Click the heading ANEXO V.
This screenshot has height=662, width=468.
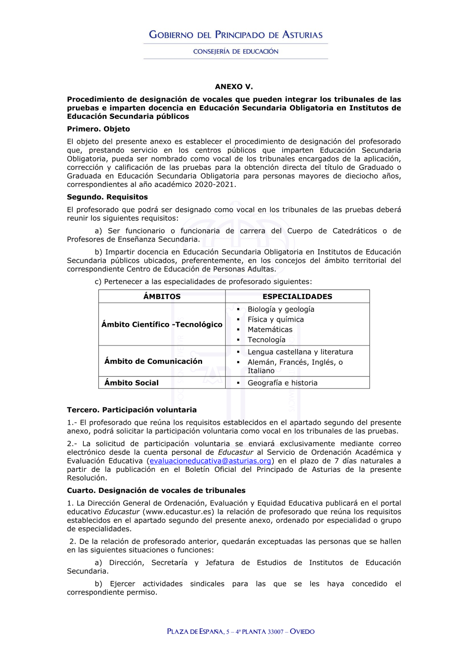point(234,87)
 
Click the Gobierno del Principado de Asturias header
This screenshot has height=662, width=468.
point(235,35)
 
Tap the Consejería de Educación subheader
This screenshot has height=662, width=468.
point(235,51)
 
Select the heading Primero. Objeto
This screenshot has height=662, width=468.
point(98,129)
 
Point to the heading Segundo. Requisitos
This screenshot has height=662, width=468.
point(107,197)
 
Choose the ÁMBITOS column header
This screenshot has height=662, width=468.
point(162,296)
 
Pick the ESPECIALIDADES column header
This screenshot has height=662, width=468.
point(297,296)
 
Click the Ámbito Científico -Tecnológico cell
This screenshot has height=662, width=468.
point(162,324)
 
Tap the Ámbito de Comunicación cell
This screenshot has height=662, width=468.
point(154,361)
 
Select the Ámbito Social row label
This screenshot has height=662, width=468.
point(132,382)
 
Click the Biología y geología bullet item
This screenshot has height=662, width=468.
point(281,309)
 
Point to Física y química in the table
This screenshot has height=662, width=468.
point(276,319)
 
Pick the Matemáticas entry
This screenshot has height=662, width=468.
point(270,330)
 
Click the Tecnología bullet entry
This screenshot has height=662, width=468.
point(266,340)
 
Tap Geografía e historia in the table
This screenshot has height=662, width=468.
point(282,382)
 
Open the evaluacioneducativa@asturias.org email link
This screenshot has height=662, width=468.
point(211,461)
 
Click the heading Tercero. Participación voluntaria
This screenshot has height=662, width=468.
point(132,410)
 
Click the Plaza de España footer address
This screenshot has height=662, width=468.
point(241,632)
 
